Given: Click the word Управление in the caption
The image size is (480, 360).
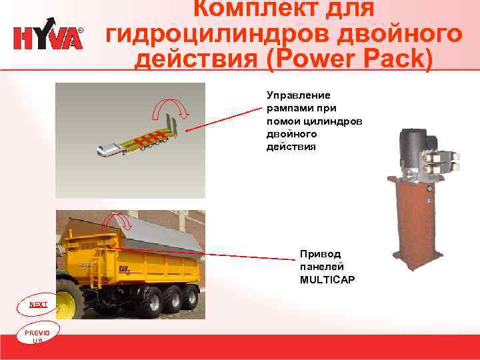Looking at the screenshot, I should (x=293, y=95).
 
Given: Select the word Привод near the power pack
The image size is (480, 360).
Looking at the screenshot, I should (x=320, y=254).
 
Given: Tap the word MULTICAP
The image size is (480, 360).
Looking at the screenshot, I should (x=327, y=279).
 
